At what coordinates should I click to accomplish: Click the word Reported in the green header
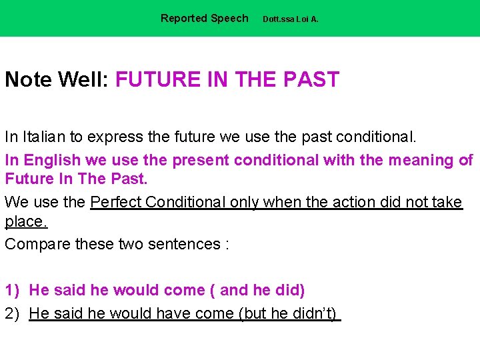(x=183, y=19)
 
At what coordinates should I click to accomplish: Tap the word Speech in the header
(x=229, y=19)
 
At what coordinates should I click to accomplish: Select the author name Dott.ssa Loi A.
(x=291, y=19)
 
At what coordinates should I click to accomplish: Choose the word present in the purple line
(x=200, y=160)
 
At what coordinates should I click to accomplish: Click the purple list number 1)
(x=13, y=291)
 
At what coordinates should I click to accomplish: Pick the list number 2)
(x=13, y=313)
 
